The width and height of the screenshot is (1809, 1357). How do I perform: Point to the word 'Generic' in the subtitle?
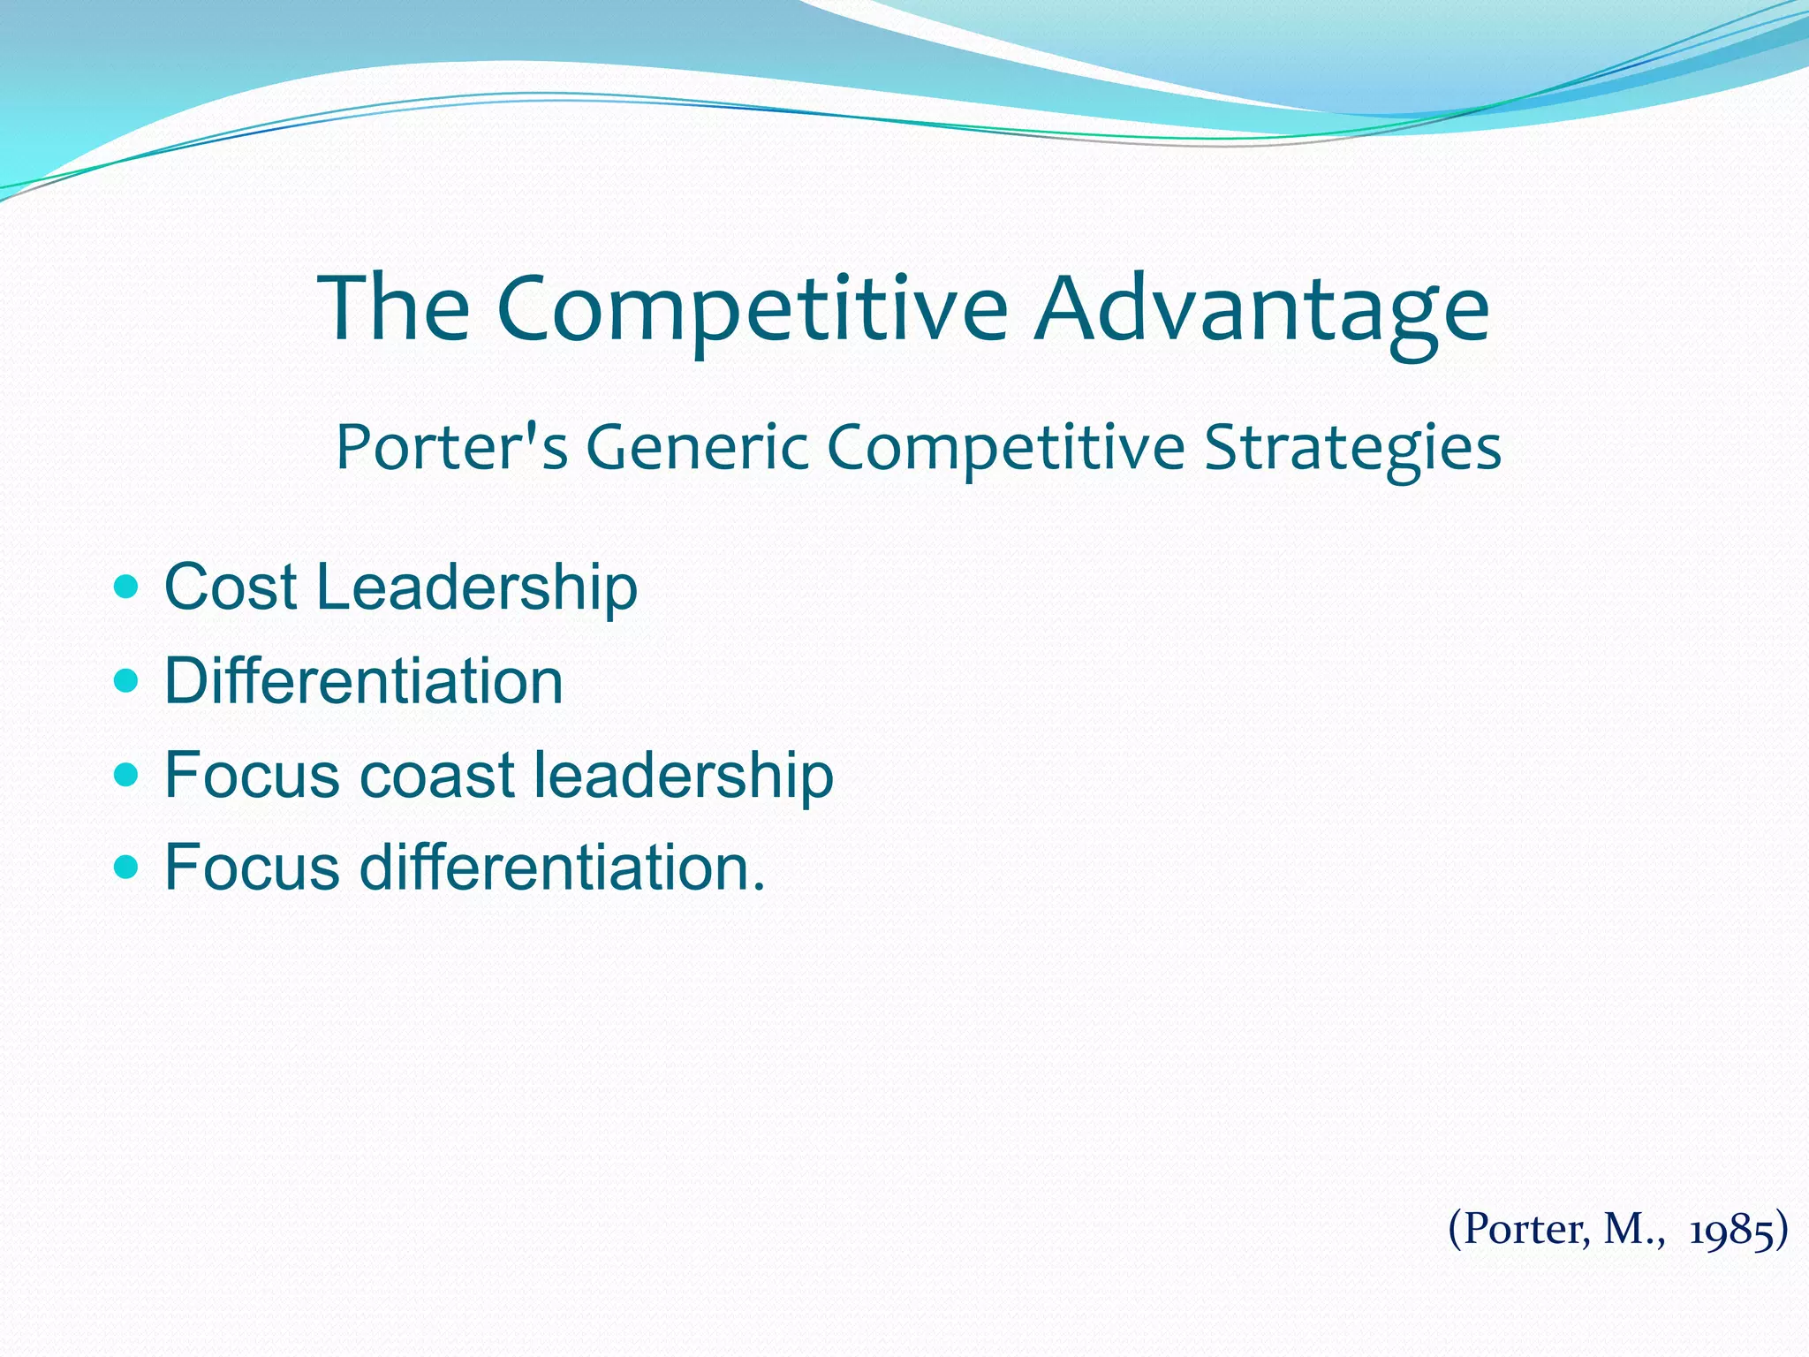(x=697, y=447)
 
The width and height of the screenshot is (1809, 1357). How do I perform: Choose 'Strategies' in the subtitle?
(x=1352, y=447)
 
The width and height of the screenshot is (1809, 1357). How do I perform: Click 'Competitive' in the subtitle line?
(x=1005, y=447)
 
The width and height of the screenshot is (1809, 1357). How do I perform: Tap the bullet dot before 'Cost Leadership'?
(x=127, y=586)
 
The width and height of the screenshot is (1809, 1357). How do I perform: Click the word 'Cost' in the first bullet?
(x=231, y=587)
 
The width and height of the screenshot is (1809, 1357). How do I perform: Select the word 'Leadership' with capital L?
(x=476, y=587)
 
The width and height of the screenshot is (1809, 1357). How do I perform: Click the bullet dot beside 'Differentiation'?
(x=127, y=680)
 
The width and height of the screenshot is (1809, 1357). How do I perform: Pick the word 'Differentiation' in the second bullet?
(x=364, y=681)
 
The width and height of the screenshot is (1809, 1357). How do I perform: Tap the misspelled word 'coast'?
(x=437, y=775)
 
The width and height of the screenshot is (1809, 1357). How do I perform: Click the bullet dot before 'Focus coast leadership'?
(x=127, y=775)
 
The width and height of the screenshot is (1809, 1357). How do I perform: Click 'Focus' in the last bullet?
(x=252, y=868)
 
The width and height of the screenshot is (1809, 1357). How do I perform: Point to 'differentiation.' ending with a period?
(x=563, y=868)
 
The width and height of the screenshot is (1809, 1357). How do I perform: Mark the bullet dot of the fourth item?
(x=127, y=868)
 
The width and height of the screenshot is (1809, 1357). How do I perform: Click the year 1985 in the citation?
(x=1731, y=1229)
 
